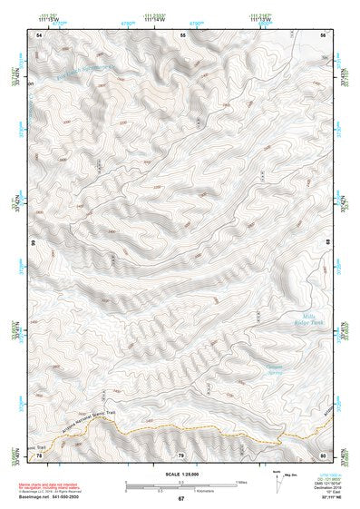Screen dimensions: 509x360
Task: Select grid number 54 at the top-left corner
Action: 39,34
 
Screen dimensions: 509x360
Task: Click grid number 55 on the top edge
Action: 183,34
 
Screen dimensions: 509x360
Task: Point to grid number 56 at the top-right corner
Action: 325,34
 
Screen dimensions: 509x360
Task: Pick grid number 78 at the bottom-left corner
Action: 39,455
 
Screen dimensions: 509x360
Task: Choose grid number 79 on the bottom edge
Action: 180,455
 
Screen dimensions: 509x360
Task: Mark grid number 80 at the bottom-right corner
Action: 325,455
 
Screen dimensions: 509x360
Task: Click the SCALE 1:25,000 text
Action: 180,473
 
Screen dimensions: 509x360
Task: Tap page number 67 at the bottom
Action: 180,499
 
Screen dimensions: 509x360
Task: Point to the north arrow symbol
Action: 277,478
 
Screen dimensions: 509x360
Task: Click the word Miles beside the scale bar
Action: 240,481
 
